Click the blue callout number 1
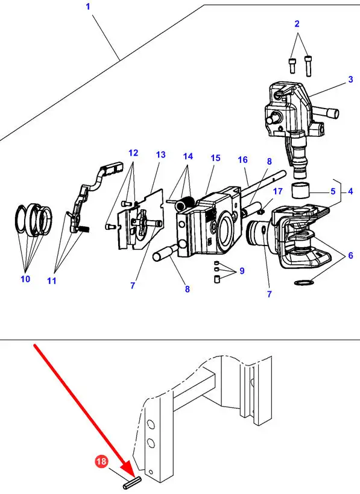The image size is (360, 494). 88,6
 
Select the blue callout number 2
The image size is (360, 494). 297,24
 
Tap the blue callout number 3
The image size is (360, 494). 350,79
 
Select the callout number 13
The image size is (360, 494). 161,154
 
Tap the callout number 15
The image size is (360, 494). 215,158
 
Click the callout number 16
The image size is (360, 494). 243,160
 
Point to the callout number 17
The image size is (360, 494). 277,191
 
